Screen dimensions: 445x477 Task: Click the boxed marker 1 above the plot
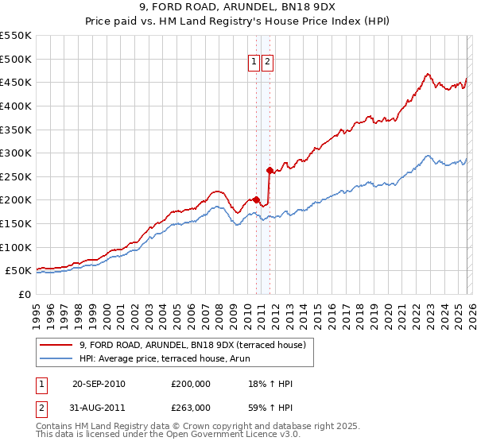pos(254,63)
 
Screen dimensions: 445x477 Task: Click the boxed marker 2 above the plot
pos(267,63)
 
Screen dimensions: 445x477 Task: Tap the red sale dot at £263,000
pos(270,169)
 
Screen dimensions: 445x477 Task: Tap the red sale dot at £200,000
pos(257,199)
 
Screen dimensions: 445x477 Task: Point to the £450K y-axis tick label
pos(16,82)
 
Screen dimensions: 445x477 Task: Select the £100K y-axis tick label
pos(16,247)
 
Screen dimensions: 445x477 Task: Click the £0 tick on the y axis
pos(25,294)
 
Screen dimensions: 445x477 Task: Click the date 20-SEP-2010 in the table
pos(99,384)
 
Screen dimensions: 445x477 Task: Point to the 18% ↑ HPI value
pos(270,384)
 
